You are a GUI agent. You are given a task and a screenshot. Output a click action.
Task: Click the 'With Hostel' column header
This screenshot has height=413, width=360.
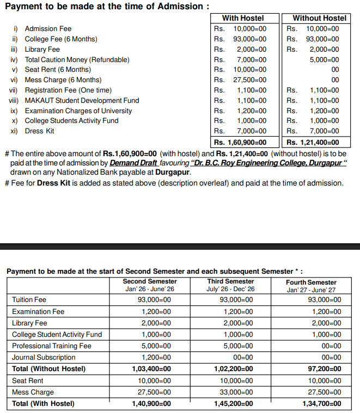(x=243, y=18)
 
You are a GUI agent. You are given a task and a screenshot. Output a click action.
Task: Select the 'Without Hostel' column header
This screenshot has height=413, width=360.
(x=319, y=18)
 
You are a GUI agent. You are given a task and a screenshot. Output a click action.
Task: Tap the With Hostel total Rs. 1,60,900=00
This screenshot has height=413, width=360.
(x=240, y=143)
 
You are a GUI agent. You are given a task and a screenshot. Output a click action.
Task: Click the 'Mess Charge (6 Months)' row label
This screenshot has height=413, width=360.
(x=63, y=80)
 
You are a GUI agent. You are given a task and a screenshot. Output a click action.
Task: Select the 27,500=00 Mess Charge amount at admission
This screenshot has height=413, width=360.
(x=249, y=80)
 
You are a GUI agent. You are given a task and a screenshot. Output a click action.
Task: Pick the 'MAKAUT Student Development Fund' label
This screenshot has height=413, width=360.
(x=82, y=100)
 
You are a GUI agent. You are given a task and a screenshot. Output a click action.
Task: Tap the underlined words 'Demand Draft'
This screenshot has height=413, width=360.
(x=133, y=163)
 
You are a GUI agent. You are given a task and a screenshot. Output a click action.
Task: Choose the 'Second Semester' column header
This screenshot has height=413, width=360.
(x=150, y=281)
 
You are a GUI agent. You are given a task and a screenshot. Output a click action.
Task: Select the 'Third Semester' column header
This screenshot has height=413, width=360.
(x=230, y=281)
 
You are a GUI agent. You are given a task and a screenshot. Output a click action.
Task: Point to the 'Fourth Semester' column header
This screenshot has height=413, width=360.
(x=311, y=282)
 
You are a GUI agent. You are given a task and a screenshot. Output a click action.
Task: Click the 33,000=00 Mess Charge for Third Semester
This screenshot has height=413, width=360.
(x=236, y=392)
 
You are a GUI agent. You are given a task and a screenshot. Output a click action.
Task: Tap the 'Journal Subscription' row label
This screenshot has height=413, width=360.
(x=44, y=357)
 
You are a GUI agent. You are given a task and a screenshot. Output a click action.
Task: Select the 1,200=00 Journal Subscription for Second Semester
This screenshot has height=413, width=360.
(x=156, y=357)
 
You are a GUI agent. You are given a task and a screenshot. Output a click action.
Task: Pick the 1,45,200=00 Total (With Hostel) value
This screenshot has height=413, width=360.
(x=233, y=404)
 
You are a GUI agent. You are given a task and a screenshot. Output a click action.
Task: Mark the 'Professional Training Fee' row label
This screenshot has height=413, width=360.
(x=52, y=346)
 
